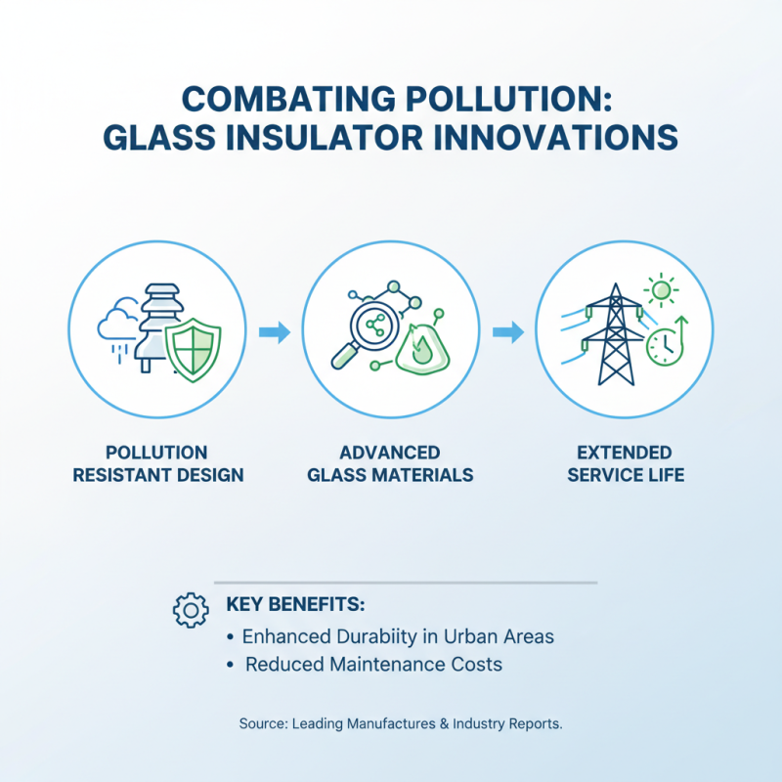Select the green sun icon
point(662,291)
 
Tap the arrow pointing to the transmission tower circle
point(507,332)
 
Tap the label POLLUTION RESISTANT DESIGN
point(156,464)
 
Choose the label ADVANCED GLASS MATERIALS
point(390,464)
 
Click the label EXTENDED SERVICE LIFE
point(625,464)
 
